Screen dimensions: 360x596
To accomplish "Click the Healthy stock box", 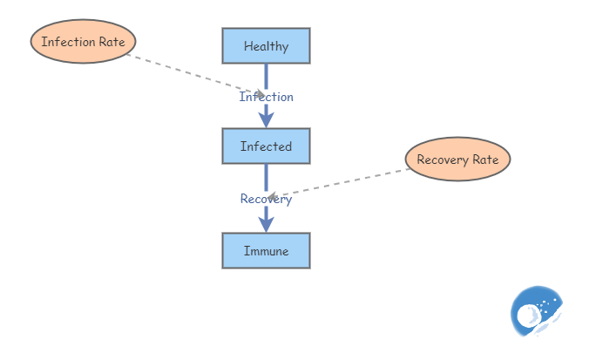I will [266, 46].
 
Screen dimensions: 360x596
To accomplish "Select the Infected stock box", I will [266, 146].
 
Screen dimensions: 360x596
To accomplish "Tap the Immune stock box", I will [266, 251].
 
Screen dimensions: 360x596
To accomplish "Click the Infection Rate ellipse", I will [84, 42].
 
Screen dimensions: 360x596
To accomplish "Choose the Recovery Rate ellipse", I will [457, 160].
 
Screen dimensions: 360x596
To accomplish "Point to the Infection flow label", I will [267, 97].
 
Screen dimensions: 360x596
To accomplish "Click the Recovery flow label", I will [266, 199].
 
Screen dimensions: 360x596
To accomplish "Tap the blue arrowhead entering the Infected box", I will [267, 120].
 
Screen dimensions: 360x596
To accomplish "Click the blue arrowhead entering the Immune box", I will [267, 224].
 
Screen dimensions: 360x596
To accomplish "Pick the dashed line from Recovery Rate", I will [349, 181].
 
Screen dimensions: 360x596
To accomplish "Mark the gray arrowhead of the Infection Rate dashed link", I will [259, 93].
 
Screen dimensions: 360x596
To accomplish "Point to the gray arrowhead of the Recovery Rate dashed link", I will [272, 196].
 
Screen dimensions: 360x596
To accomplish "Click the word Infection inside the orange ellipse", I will [68, 42].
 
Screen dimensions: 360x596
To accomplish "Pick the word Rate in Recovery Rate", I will [485, 160].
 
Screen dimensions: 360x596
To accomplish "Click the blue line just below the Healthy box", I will [267, 73].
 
